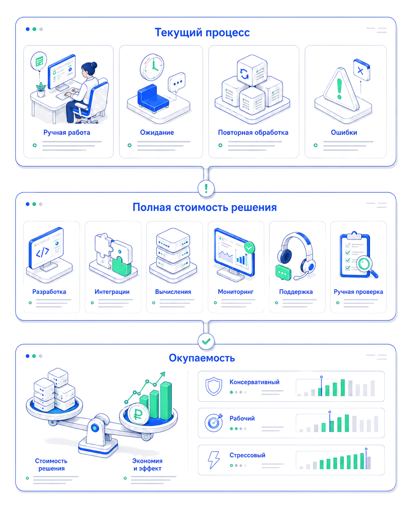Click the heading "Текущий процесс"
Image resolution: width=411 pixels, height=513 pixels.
[x=202, y=32]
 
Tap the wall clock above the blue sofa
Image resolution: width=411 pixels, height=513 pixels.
[x=152, y=67]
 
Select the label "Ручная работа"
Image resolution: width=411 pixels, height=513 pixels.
[x=67, y=133]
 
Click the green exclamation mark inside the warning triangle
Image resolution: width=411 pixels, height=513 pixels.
[x=339, y=89]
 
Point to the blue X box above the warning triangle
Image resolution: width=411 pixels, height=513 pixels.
[x=361, y=70]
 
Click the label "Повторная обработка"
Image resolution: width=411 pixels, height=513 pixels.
[x=253, y=133]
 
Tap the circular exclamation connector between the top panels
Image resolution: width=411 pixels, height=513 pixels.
[x=206, y=188]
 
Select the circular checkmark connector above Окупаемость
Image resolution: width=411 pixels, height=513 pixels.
[x=206, y=341]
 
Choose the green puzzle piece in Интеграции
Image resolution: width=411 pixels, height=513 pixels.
[x=121, y=266]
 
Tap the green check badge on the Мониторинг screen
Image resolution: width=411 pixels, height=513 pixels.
[x=249, y=247]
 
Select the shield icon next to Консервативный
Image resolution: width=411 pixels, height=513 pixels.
[x=214, y=386]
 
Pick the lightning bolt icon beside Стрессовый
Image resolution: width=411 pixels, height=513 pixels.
[x=214, y=459]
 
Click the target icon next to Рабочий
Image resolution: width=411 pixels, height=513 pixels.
[x=214, y=422]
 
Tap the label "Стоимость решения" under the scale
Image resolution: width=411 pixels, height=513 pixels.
[x=51, y=465]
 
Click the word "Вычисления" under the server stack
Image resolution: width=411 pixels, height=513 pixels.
[x=173, y=292]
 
